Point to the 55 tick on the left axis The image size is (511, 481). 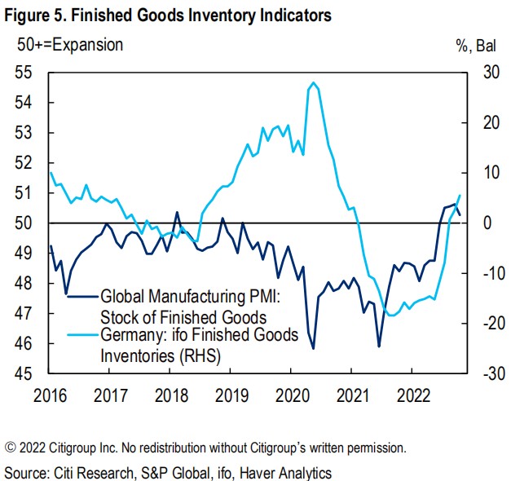tap(29, 73)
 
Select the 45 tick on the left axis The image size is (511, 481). tap(29, 374)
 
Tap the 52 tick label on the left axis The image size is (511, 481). tap(29, 163)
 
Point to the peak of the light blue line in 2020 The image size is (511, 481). tap(314, 82)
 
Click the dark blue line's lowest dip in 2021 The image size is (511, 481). tap(379, 346)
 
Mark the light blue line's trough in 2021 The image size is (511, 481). tap(392, 316)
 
